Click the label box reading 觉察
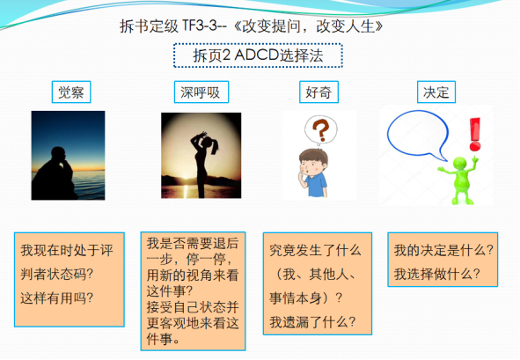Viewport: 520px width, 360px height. tap(71, 92)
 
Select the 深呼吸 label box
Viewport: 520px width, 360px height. tap(201, 92)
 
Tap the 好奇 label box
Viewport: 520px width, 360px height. tap(319, 92)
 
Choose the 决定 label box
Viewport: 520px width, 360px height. tap(436, 92)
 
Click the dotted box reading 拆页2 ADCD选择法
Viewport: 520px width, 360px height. tap(258, 55)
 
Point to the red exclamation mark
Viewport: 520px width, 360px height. tap(475, 135)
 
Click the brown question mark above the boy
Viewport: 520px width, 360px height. tap(320, 129)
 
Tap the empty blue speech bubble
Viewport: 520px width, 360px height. tap(418, 135)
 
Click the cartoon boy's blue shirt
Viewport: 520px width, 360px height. tap(316, 185)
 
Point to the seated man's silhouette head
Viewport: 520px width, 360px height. tap(58, 155)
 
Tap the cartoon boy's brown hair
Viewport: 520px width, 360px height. tap(313, 156)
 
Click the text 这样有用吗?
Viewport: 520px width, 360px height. tap(56, 298)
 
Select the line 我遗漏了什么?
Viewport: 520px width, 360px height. tap(312, 322)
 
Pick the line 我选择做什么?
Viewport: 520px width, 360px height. tap(437, 274)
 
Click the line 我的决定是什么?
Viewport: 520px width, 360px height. tap(443, 250)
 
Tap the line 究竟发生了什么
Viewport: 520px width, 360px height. tap(315, 250)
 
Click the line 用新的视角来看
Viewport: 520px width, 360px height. tap(193, 275)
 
